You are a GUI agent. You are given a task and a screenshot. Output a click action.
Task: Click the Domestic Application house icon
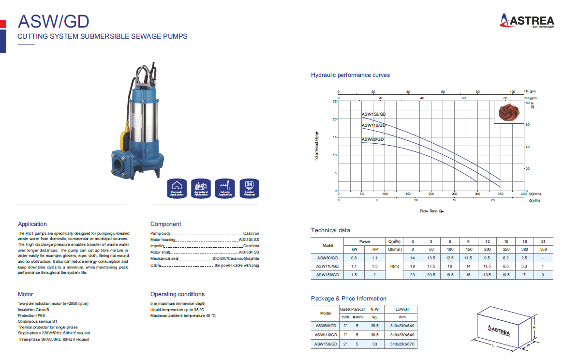click(x=177, y=188)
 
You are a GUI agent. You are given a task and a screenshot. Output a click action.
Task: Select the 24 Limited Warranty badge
click(x=249, y=188)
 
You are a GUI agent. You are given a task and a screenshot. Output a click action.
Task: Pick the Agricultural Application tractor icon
click(x=201, y=188)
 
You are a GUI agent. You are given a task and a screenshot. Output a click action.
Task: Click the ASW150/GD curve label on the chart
click(x=373, y=114)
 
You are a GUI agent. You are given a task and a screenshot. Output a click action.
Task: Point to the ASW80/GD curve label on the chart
click(x=372, y=139)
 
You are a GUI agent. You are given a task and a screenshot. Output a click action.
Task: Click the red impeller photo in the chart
click(x=508, y=112)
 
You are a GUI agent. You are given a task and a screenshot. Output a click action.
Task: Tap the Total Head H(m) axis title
click(x=317, y=146)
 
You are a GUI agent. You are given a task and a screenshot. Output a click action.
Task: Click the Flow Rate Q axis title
click(x=431, y=211)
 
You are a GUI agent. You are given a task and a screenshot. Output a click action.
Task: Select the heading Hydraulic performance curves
click(x=350, y=75)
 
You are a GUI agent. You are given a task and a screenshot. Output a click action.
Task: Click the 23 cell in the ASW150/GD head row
click(x=413, y=275)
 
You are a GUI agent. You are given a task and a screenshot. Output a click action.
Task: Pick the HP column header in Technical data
click(x=374, y=249)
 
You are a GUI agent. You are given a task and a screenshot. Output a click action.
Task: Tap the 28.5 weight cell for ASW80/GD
click(x=374, y=326)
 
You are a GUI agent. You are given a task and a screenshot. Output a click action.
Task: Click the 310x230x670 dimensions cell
click(x=402, y=344)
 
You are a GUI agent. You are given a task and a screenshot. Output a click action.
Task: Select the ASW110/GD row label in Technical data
click(x=327, y=267)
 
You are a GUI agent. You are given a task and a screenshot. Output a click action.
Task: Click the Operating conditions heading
click(x=177, y=294)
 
